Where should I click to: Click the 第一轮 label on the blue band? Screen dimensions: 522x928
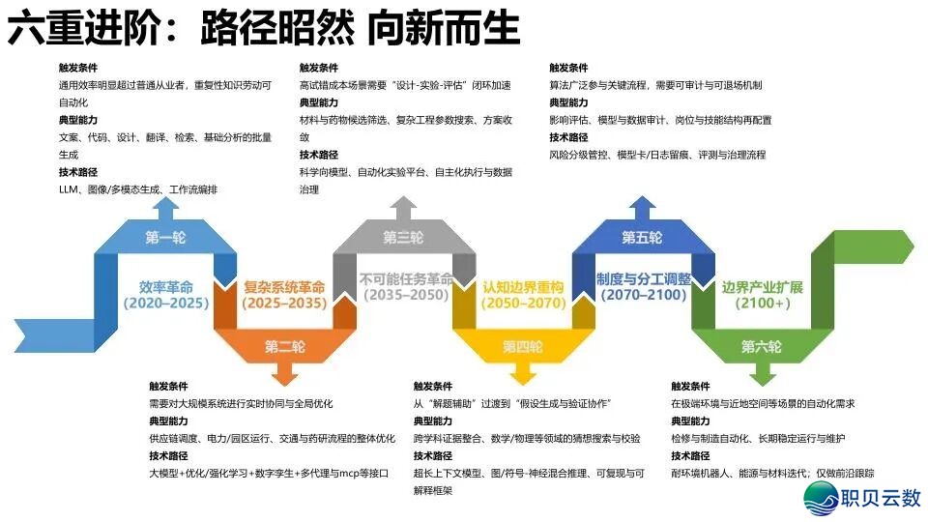tap(165, 238)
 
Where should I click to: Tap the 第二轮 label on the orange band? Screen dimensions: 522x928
tap(285, 346)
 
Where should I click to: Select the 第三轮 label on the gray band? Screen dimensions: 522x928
tap(403, 238)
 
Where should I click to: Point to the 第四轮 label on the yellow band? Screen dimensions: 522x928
tap(522, 346)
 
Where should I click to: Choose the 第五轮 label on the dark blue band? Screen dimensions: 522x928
tap(642, 238)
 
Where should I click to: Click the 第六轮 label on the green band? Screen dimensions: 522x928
tap(762, 346)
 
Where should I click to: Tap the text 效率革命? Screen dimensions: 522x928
tap(166, 287)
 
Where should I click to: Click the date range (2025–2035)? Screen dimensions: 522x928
tap(284, 304)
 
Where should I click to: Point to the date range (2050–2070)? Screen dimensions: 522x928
tap(523, 304)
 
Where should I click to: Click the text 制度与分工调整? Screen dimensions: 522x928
tap(643, 278)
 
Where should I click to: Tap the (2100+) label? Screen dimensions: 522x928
tap(762, 304)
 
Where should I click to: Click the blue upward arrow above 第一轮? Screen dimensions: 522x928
tap(165, 208)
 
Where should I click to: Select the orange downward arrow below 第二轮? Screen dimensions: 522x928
tap(285, 372)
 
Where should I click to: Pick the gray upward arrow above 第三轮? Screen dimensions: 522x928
tap(403, 208)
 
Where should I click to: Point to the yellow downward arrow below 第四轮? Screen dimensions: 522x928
tap(522, 372)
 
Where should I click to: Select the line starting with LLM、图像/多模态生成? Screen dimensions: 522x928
tap(138, 189)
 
